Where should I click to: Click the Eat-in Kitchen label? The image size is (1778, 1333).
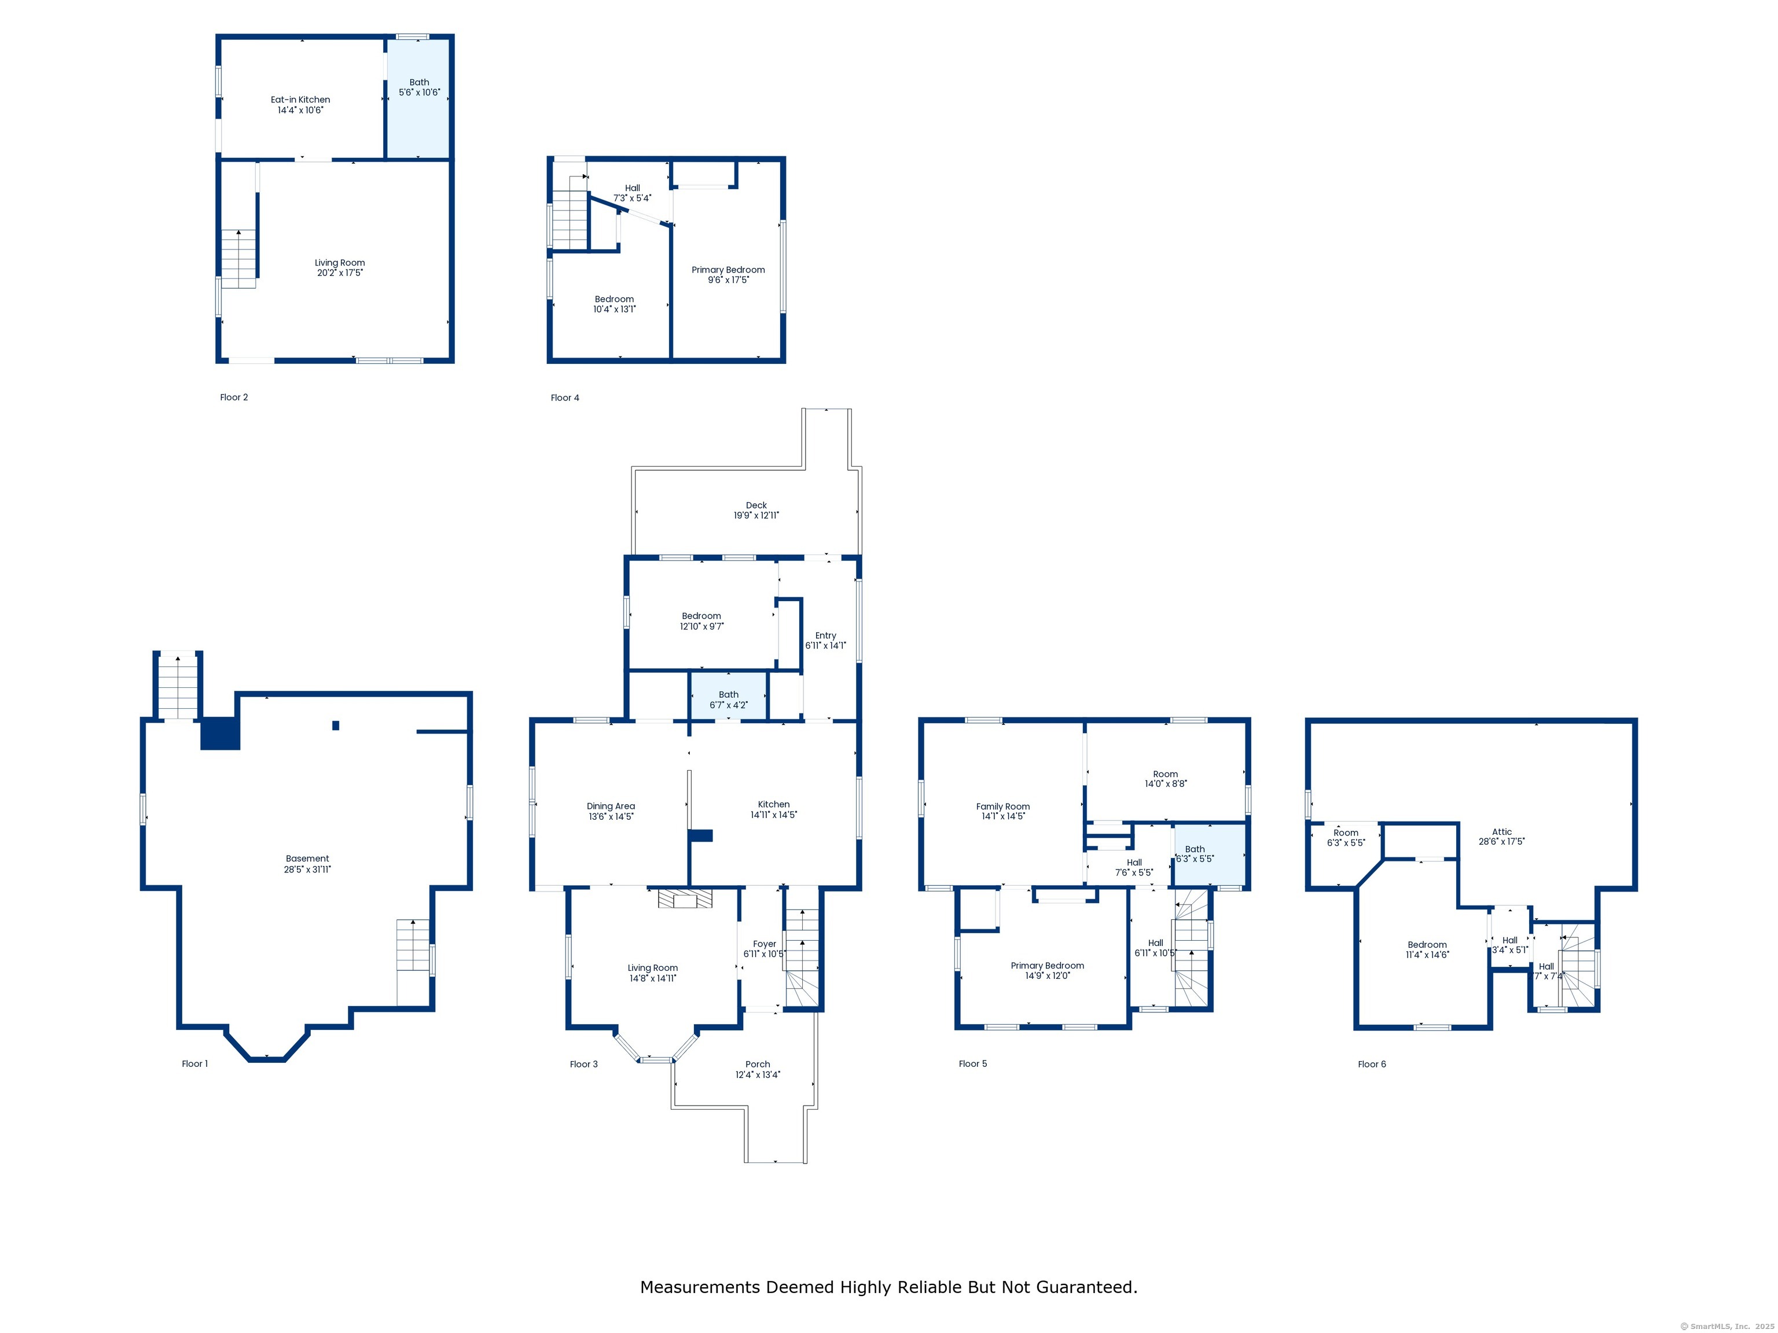pos(300,100)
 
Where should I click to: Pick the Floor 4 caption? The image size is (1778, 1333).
pos(564,397)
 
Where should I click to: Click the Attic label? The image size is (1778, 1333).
pos(1501,831)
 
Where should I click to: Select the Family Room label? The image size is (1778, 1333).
pos(1002,806)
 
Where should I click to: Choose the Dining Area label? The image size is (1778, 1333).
pos(610,806)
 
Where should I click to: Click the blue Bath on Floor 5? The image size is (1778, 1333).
pos(1210,855)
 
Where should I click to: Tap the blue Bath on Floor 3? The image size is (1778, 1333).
pos(728,696)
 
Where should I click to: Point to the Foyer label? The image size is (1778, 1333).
pos(765,944)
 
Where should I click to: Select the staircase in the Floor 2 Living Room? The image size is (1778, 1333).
pos(238,259)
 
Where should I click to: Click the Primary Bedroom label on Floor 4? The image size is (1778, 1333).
pos(728,270)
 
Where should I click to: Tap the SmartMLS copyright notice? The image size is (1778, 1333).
pos(1726,1327)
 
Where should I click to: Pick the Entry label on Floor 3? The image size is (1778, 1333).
pos(825,636)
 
